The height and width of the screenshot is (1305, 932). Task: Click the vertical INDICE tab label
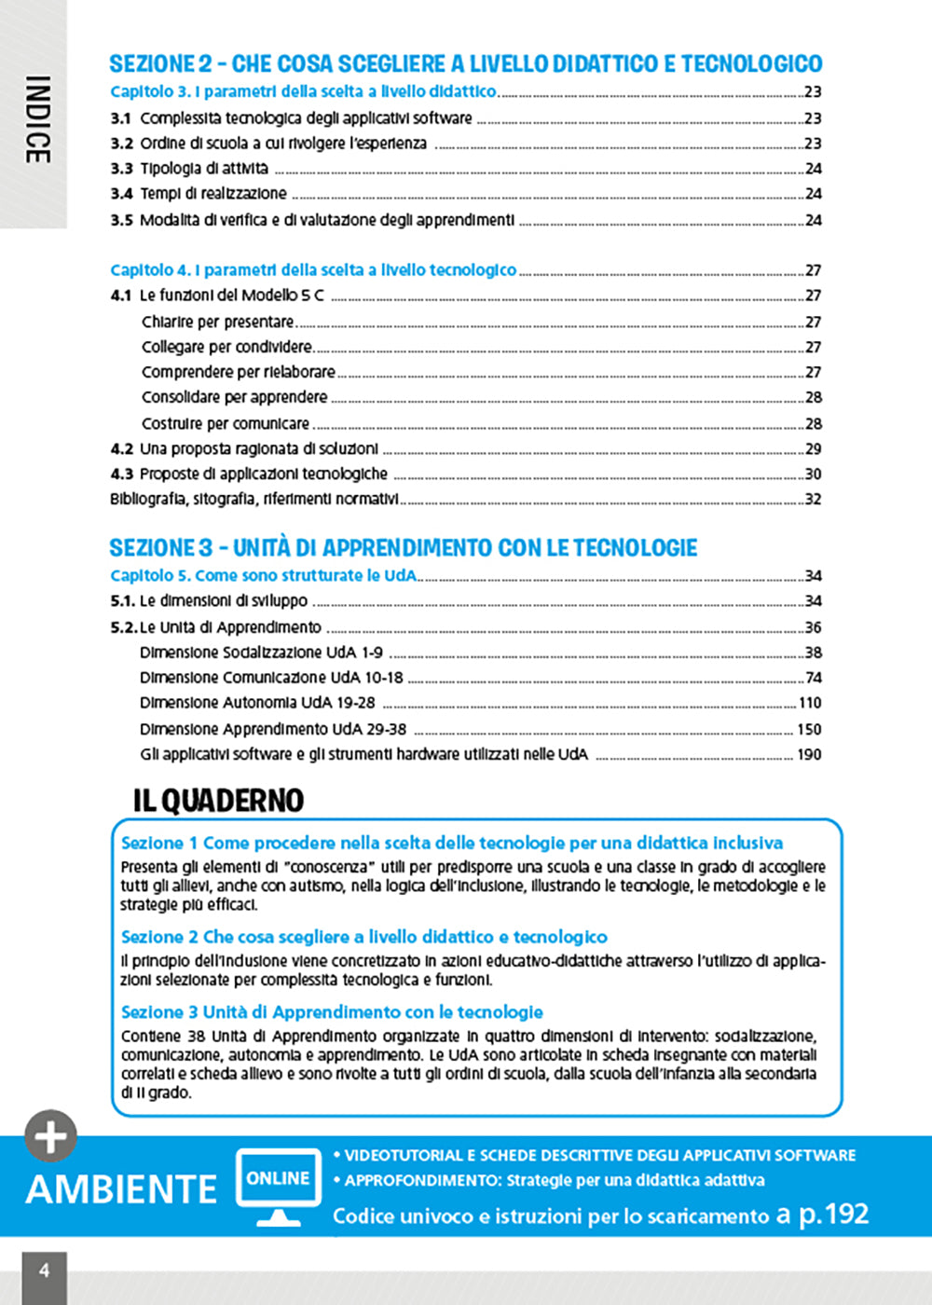tap(36, 119)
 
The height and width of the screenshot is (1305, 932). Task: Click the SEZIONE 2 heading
tap(465, 63)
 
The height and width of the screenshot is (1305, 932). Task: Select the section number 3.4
tap(121, 194)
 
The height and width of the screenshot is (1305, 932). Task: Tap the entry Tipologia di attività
tap(203, 169)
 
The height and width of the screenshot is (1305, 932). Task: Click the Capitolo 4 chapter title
tap(313, 270)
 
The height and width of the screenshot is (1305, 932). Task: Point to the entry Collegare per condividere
tap(226, 347)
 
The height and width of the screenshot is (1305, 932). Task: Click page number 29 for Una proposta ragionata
tap(813, 448)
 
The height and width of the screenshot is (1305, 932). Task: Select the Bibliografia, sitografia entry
tap(254, 499)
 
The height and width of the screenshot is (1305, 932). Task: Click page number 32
tap(813, 499)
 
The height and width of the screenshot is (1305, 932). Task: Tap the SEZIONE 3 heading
tap(403, 547)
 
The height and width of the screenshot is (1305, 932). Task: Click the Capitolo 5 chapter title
tap(263, 575)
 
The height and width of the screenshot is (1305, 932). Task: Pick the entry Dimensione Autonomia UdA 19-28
tap(257, 703)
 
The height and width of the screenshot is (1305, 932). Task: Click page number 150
tap(809, 729)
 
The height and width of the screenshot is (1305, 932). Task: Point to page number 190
tap(809, 754)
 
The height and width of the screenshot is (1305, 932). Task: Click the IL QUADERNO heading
tap(218, 800)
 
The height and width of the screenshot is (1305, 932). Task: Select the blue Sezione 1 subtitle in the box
tap(452, 843)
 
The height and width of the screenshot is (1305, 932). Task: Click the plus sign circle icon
tap(50, 1136)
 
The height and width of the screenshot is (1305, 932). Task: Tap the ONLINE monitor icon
tap(278, 1185)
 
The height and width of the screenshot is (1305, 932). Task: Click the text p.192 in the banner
tap(833, 1214)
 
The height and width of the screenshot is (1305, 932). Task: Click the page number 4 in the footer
tap(44, 1270)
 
